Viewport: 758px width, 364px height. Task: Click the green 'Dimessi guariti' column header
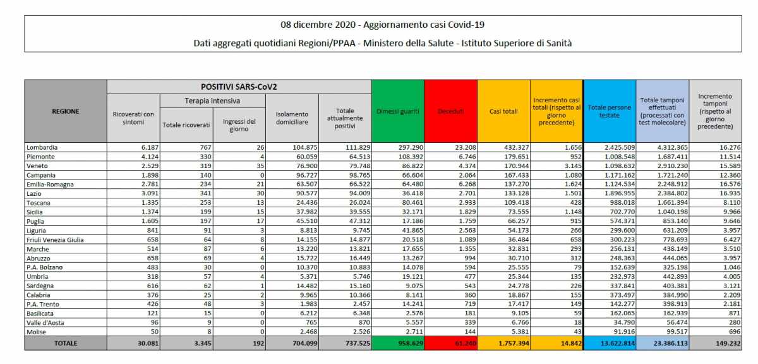point(398,111)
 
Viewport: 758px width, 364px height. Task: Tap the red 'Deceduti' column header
point(451,111)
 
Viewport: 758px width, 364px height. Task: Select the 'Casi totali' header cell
point(503,111)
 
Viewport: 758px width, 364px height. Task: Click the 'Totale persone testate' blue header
point(610,111)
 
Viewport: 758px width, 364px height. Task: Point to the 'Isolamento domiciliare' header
point(292,118)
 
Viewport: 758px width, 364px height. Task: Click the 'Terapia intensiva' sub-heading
point(212,101)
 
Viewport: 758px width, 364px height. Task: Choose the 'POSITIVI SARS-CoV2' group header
point(239,87)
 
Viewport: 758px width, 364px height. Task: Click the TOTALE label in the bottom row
point(66,343)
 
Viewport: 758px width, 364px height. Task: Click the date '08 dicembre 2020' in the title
point(318,25)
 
